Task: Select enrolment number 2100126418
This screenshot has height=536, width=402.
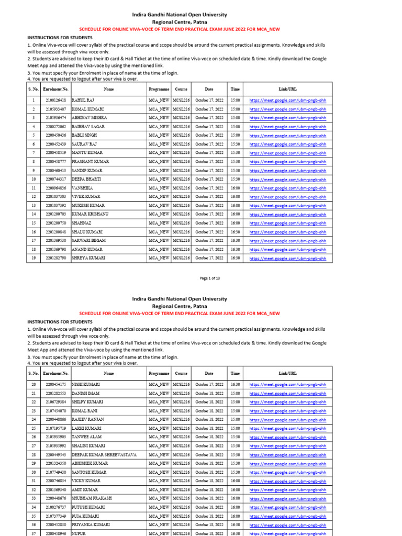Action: coord(56,100)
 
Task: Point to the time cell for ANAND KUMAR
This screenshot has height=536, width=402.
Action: coord(236,250)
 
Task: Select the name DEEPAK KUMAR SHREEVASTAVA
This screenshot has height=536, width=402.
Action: coord(104,455)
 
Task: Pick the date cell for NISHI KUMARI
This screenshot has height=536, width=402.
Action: coord(209,385)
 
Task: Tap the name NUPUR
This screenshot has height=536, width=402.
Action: coord(79,533)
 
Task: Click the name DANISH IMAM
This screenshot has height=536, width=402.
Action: coord(85,393)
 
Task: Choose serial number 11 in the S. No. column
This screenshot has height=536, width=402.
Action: coord(33,188)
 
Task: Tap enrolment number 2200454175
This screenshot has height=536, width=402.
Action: coord(56,385)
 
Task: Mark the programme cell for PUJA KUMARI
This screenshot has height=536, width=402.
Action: coord(159,516)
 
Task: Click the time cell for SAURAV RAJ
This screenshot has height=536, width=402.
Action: coord(236,144)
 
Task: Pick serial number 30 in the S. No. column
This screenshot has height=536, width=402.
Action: coord(33,472)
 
